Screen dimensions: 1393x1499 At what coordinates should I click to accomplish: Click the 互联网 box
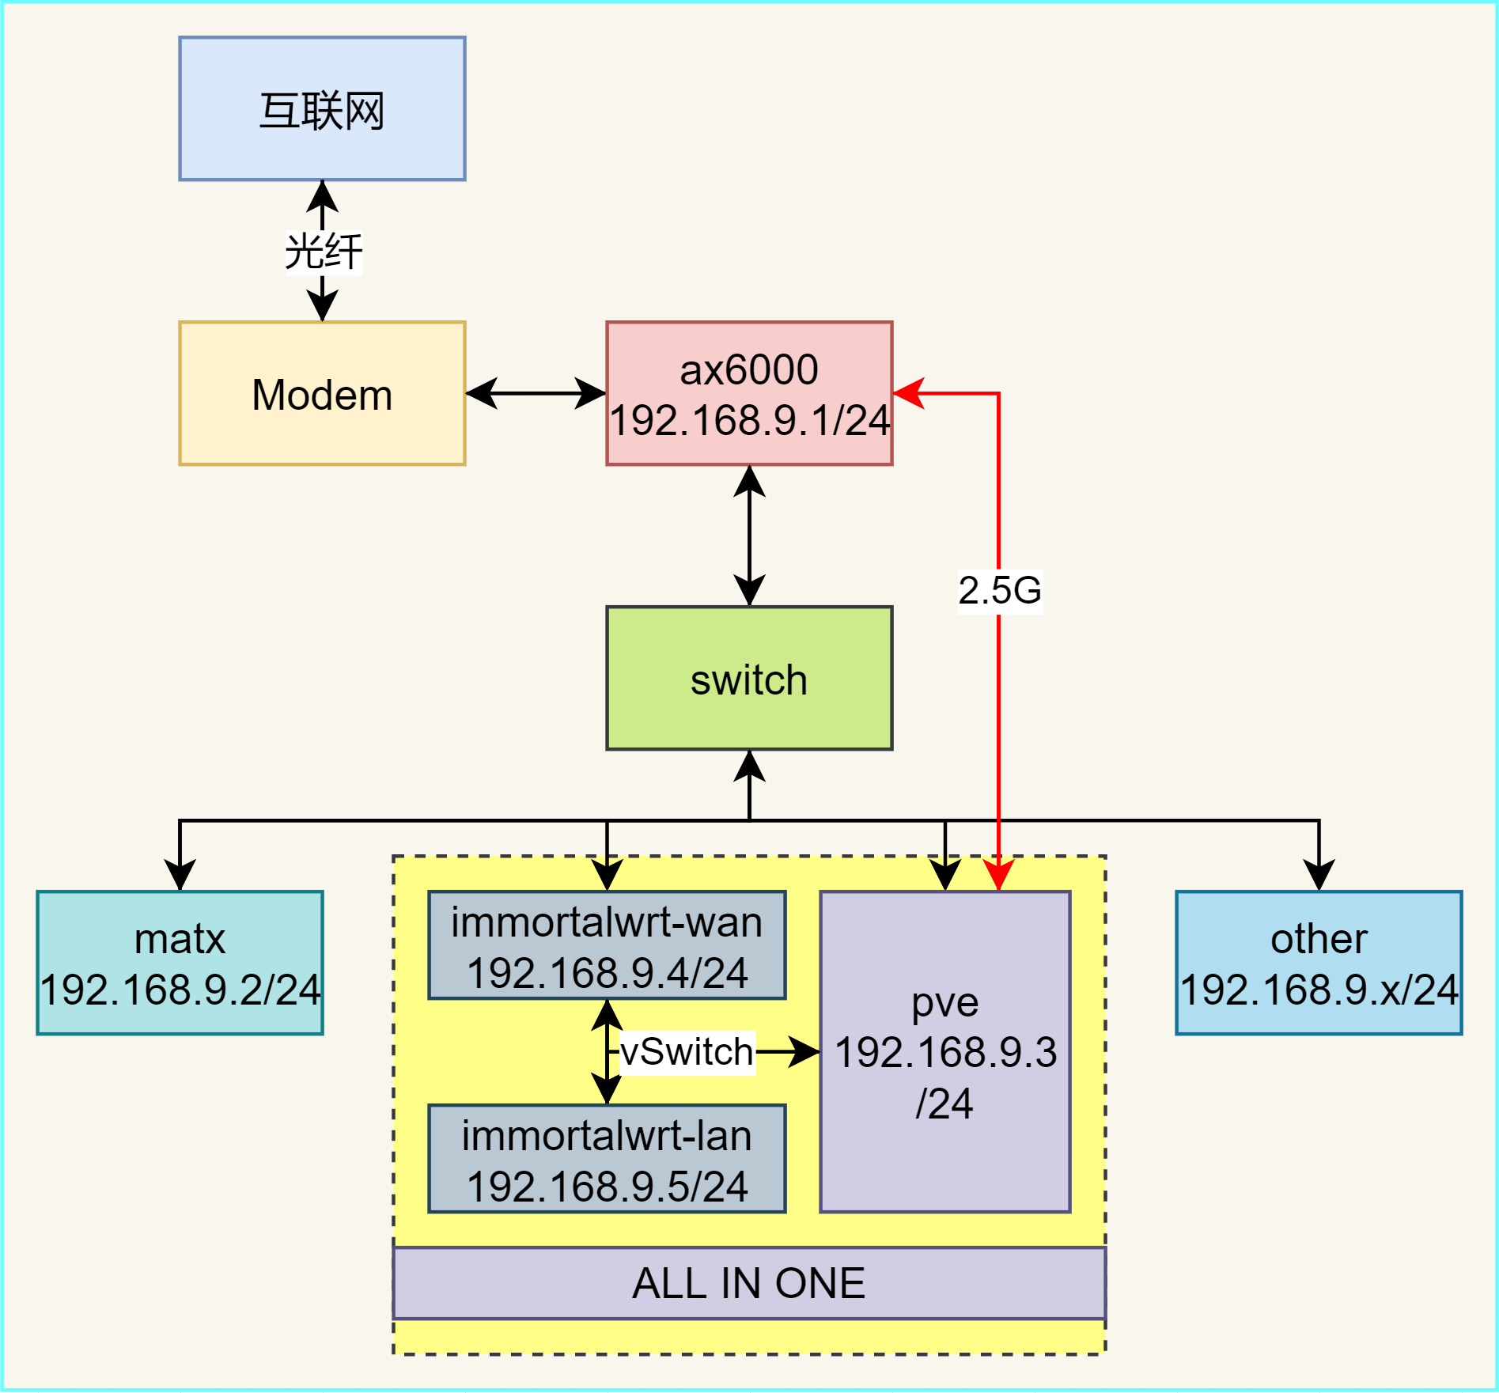pos(322,108)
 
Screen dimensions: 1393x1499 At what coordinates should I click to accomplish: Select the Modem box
pos(322,393)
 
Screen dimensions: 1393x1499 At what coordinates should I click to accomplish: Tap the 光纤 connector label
pos(324,252)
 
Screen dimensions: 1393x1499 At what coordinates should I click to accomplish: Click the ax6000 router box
pos(749,393)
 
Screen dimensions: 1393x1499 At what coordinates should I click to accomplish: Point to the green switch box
pos(749,678)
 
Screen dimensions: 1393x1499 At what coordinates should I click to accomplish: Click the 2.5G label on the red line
pos(1000,590)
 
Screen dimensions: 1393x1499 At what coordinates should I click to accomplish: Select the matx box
pos(180,963)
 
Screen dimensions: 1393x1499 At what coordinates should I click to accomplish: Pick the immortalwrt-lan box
pos(607,1159)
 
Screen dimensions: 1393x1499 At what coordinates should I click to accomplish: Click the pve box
pos(945,1052)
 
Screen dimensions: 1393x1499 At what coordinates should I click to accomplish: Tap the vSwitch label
pos(687,1052)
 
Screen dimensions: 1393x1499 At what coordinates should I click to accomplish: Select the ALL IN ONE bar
pos(749,1283)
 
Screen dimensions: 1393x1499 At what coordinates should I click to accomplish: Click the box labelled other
pos(1319,963)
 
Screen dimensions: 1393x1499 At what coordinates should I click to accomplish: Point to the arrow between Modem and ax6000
pos(536,393)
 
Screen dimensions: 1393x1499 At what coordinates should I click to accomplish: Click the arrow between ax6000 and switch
pos(749,536)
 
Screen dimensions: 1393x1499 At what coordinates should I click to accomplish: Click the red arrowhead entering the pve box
pos(998,876)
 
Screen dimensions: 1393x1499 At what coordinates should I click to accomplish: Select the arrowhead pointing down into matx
pos(180,875)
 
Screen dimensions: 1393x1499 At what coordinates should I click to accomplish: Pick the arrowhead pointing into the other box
pos(1319,875)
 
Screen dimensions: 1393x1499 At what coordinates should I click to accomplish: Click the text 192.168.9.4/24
pos(607,973)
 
